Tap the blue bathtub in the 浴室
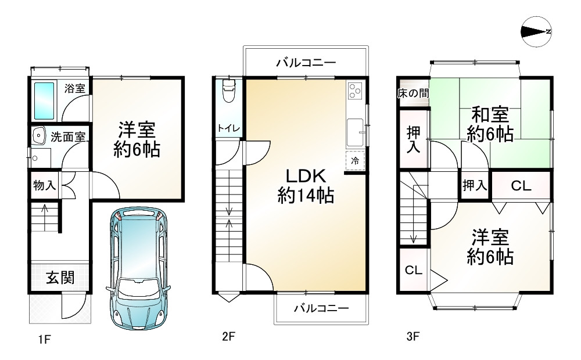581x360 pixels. pyautogui.click(x=44, y=100)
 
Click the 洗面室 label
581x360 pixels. pyautogui.click(x=67, y=138)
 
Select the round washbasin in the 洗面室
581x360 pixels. pyautogui.click(x=39, y=135)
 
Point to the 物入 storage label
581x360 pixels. pyautogui.click(x=44, y=186)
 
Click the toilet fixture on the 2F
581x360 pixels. pyautogui.click(x=228, y=93)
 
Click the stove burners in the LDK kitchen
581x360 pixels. pyautogui.click(x=354, y=91)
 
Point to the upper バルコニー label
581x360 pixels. pyautogui.click(x=306, y=63)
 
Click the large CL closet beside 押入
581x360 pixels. pyautogui.click(x=521, y=186)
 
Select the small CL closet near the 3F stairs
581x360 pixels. pyautogui.click(x=413, y=270)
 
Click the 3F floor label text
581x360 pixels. pyautogui.click(x=412, y=336)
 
